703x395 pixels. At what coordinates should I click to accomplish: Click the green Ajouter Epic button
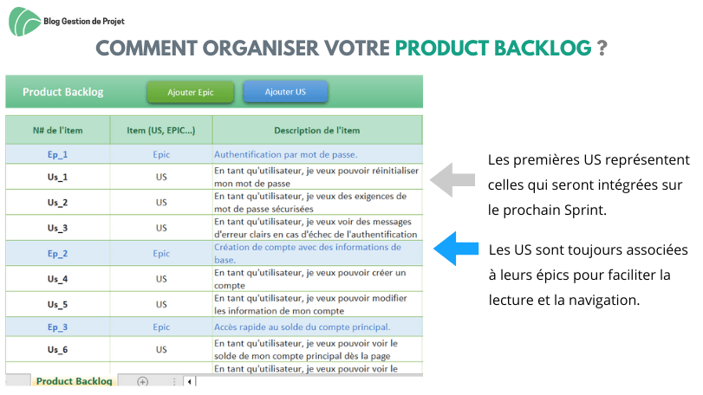190,93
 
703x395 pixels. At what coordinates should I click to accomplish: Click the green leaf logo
24,22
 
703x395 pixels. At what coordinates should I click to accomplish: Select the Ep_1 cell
57,154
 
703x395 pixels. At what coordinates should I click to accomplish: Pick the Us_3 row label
57,228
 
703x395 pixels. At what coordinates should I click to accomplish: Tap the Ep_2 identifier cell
57,254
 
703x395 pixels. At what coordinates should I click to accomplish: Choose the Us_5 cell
57,305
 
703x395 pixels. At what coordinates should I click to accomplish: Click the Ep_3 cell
57,327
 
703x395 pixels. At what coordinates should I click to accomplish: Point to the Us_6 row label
57,349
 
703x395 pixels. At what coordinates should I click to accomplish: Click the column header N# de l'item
58,130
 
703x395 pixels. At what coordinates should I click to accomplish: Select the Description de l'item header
317,130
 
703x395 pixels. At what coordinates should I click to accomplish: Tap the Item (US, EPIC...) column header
161,130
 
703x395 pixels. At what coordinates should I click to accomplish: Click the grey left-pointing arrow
452,180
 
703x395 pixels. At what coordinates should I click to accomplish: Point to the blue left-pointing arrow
456,249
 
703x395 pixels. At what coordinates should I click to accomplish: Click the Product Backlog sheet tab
74,380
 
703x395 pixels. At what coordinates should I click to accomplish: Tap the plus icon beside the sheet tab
142,381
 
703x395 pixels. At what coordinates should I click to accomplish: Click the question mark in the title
602,48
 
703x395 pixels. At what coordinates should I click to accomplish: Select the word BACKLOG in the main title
543,48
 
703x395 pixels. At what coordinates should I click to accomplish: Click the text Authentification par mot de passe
285,154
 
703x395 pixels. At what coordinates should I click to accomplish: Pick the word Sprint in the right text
584,210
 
